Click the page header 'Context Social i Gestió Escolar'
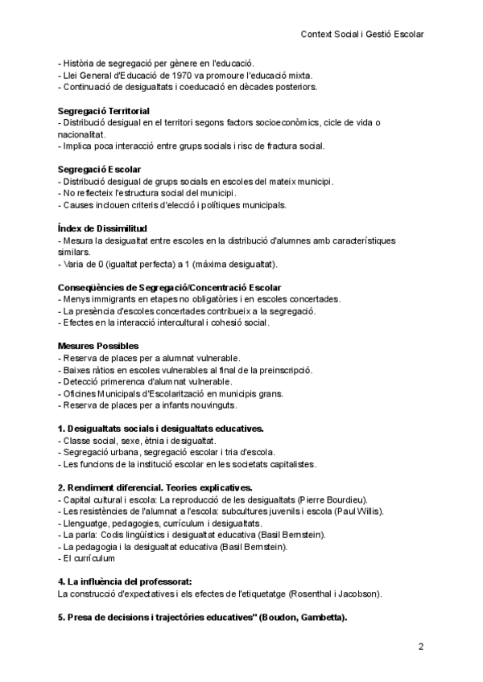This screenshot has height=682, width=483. [x=361, y=35]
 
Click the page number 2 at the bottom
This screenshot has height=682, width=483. [x=420, y=647]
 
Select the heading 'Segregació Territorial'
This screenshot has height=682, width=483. [x=104, y=110]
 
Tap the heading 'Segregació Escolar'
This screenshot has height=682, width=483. [x=99, y=170]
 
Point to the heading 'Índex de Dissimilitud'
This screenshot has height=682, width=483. [x=102, y=229]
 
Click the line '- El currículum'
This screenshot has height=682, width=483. [x=87, y=557]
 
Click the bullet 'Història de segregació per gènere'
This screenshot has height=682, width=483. [x=156, y=63]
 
